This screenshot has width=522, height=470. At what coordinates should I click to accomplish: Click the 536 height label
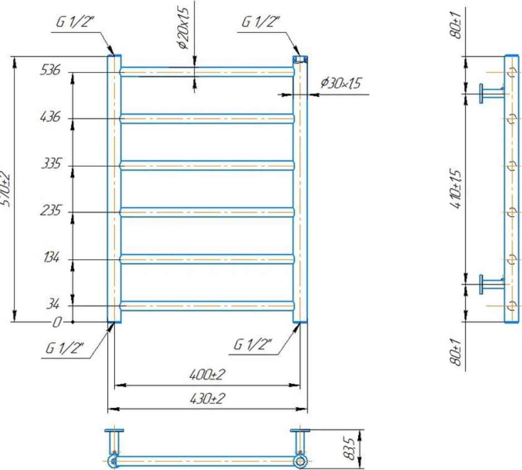50,70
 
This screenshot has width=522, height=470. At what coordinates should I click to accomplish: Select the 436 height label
50,117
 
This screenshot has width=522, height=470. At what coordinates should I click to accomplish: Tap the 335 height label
51,163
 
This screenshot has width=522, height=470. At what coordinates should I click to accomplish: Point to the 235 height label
51,210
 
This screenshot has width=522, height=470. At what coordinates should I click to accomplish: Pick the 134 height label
52,257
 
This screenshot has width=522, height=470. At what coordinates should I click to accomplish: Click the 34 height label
53,304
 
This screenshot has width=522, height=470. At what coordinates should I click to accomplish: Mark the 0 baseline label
57,322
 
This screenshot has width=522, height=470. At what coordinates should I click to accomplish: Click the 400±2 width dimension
207,375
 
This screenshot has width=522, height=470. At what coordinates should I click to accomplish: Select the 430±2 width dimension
207,399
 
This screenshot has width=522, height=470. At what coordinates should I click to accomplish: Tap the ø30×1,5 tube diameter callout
341,83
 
